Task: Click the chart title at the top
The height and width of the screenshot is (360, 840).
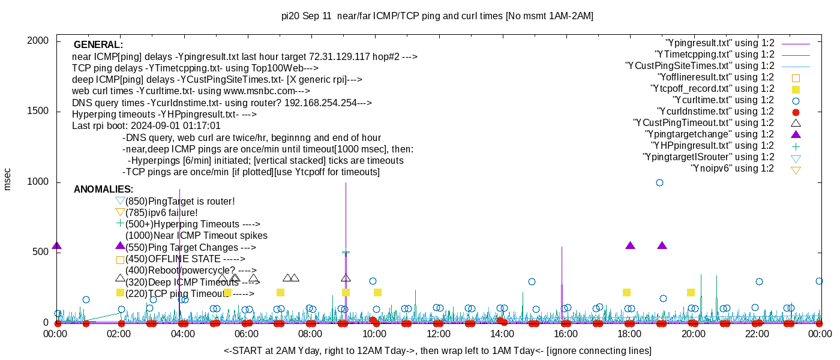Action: coord(437,16)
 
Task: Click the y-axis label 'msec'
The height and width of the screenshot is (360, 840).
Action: coord(8,179)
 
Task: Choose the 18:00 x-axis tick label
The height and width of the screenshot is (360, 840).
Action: coord(629,334)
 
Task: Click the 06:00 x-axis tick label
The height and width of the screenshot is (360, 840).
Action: coord(247,334)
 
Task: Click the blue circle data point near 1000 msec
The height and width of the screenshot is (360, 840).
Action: coord(659,182)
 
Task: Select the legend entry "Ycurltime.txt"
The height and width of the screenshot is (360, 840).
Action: coord(723,100)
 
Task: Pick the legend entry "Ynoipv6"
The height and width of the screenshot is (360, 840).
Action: coord(732,169)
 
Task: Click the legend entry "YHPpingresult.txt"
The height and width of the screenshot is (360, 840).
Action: coord(713,146)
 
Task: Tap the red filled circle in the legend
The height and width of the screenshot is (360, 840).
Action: coord(796,112)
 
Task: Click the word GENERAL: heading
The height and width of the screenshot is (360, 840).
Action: coord(98,45)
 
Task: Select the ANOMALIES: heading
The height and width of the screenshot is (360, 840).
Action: coord(104,190)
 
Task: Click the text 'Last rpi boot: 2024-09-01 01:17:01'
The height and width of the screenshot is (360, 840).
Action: coord(146,126)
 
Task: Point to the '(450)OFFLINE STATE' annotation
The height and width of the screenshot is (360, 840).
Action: coord(185,259)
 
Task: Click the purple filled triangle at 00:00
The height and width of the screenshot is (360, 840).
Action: coord(57,246)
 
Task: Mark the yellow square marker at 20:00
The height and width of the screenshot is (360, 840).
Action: coord(691,292)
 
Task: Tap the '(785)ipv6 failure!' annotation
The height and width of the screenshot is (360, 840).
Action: coord(161,212)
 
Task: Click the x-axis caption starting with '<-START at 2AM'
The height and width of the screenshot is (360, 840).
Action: coord(437,350)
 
